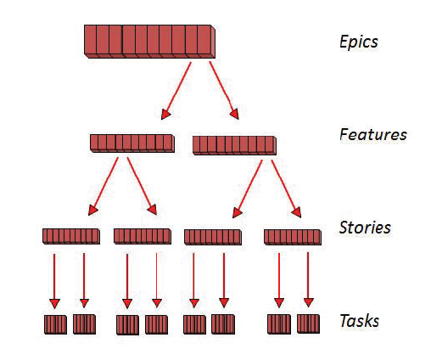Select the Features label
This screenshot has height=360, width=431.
[x=372, y=134]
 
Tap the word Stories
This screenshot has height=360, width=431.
[x=365, y=228]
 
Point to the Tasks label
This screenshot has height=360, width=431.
[x=359, y=321]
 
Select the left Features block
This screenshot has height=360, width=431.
[x=132, y=143]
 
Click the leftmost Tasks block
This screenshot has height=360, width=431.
[x=55, y=324]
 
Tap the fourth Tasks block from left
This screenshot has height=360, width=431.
[x=157, y=324]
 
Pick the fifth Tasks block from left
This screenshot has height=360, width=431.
[x=194, y=324]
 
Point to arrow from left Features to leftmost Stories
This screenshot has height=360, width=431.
[x=103, y=185]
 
